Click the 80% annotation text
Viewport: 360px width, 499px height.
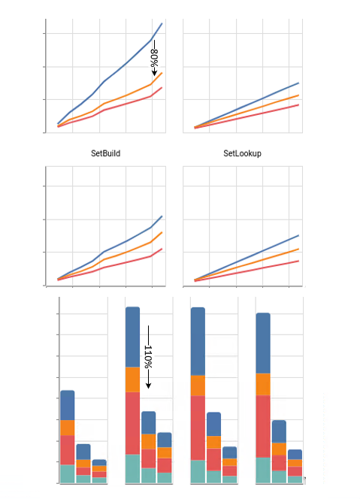[153, 60]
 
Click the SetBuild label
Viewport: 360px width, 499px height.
[105, 153]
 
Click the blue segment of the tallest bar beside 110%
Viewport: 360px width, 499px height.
[132, 337]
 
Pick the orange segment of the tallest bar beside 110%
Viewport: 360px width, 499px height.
[132, 380]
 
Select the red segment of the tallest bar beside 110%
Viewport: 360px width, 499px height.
[132, 423]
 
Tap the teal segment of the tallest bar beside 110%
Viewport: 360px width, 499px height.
[132, 468]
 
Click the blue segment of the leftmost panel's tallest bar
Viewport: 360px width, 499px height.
[67, 405]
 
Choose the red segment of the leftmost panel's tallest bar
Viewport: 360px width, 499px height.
[67, 450]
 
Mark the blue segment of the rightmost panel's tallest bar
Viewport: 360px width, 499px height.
[263, 343]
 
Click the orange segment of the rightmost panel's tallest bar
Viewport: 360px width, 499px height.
[263, 384]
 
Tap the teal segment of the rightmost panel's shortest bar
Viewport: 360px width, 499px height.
[295, 478]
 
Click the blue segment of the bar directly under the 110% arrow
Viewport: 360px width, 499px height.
[148, 422]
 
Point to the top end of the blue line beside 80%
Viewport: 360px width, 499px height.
[162, 24]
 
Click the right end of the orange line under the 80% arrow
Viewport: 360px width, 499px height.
[162, 73]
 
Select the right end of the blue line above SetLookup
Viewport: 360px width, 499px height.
[298, 83]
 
